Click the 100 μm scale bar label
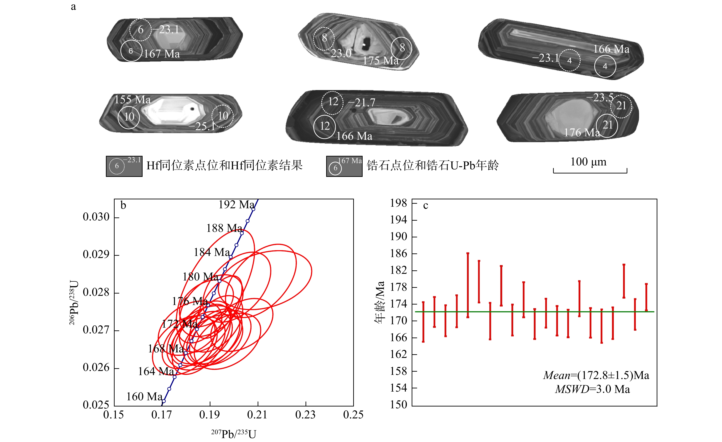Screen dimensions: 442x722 click(588, 162)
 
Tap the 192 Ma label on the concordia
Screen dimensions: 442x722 click(236, 204)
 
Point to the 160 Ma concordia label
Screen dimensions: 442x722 click(144, 397)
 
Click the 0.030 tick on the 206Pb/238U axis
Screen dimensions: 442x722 click(96, 217)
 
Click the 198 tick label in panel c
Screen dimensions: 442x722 click(399, 203)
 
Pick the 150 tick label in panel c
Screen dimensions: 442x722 click(399, 405)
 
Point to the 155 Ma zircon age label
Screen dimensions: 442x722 click(132, 100)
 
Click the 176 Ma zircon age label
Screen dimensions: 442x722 click(582, 133)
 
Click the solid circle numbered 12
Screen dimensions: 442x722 click(324, 126)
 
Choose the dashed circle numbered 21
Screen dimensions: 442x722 click(621, 106)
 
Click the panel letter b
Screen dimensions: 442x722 click(123, 205)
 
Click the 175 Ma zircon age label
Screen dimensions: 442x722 click(381, 61)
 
